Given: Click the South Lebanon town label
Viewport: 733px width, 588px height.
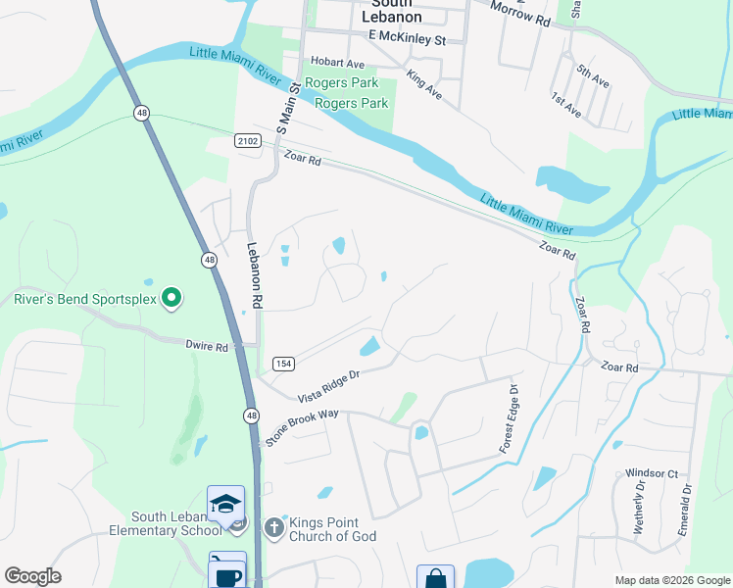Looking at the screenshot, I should point(391,10).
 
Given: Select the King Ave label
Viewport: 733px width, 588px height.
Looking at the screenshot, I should point(424,85).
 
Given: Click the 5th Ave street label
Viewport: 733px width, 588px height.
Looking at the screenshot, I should point(592,76).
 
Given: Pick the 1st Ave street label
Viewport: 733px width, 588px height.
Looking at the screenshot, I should point(566,106).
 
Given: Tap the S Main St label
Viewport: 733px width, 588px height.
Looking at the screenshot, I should point(286,108).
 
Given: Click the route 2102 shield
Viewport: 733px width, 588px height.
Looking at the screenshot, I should point(248,142).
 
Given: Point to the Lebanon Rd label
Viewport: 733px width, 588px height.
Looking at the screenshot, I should point(254,277).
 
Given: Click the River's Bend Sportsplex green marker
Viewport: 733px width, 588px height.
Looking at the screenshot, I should point(171,296).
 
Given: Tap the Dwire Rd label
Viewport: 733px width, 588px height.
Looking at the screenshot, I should point(207,346).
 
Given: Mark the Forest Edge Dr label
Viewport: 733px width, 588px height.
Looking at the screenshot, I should point(508,418).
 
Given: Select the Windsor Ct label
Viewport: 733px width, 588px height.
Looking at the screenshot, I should point(652,473).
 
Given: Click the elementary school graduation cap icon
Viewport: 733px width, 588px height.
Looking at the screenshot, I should point(226,505).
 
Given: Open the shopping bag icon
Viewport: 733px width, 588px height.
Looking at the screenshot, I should point(435,578).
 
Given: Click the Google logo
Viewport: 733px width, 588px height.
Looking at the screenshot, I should point(32,577).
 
